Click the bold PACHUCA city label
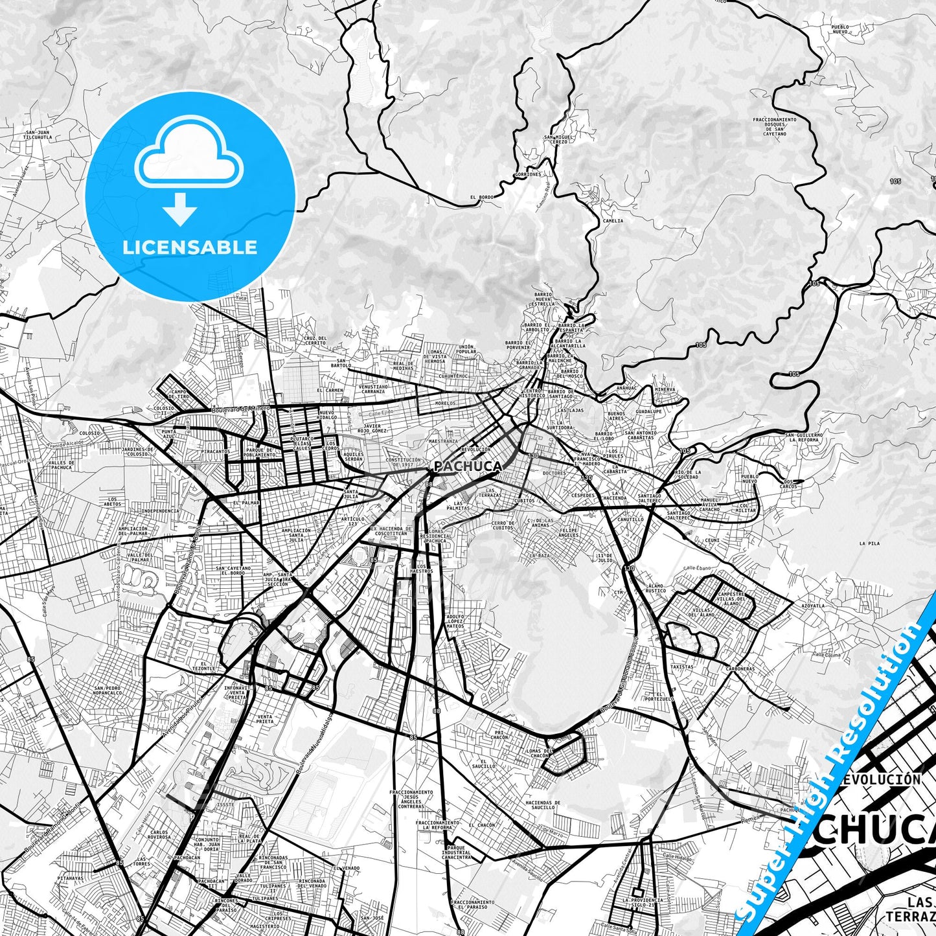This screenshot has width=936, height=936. (467, 466)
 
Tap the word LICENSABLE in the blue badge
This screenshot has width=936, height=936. (190, 247)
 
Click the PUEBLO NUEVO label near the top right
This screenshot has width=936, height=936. (839, 29)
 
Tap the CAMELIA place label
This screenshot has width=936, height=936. (612, 221)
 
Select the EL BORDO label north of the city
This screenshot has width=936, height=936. (482, 197)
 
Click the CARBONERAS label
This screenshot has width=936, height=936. (740, 669)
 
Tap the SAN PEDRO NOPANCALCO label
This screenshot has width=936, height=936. (109, 691)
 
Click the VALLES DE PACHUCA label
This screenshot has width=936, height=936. (62, 465)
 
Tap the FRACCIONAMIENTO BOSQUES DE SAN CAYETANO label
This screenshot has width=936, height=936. (774, 127)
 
